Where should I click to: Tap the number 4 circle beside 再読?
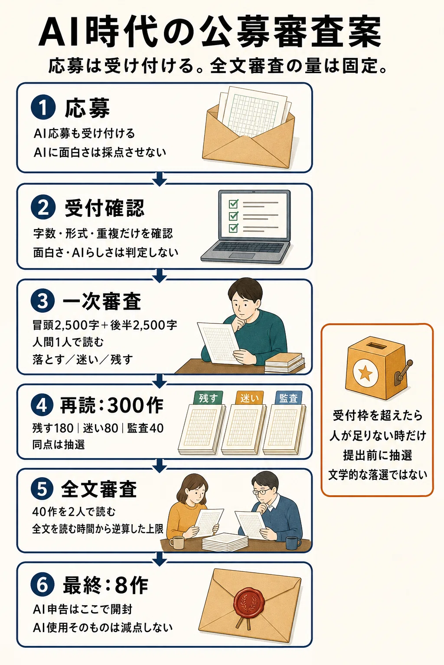pos(42,406)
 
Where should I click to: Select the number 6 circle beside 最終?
pos(42,585)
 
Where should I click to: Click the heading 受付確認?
pos(104,208)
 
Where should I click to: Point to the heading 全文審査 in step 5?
pos(99,490)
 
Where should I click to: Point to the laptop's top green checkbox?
pos(233,203)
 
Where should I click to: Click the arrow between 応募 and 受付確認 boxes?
pos(160,179)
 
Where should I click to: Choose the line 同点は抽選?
pos(59,445)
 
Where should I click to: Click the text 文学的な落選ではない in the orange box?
pos(378,475)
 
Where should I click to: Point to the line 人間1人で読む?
pos(68,342)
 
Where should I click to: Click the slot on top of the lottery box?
pos(375,345)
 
